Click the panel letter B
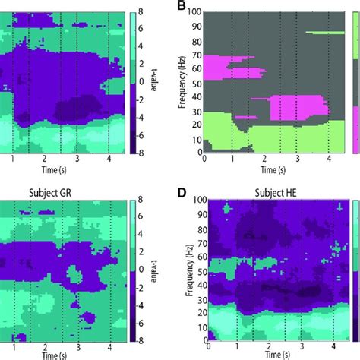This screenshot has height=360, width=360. click(x=182, y=7)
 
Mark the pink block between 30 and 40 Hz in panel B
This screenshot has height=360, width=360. click(x=285, y=105)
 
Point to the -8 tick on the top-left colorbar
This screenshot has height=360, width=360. click(x=141, y=151)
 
